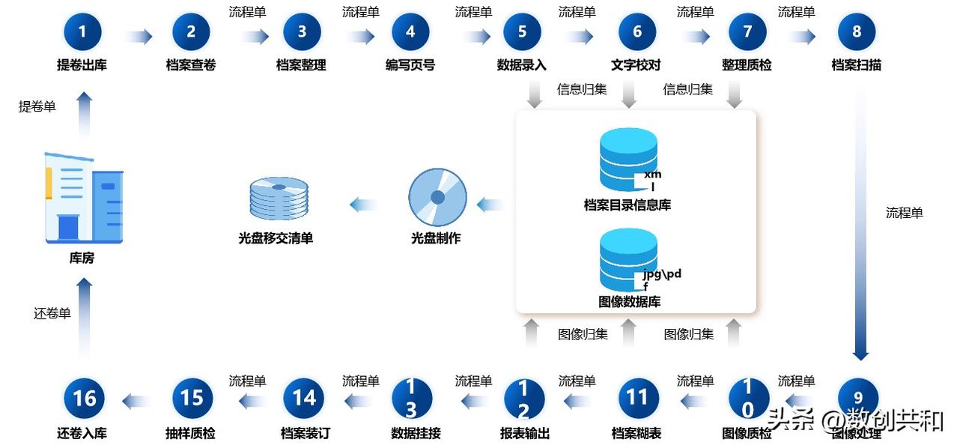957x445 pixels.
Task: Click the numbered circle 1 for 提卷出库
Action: coord(82,31)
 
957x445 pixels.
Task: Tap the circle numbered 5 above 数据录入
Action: coord(522,31)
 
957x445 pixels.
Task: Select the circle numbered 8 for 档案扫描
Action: coord(857,31)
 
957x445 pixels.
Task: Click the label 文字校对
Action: coord(636,65)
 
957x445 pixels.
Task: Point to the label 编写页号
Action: coord(410,65)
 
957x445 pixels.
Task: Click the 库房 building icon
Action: coord(84,198)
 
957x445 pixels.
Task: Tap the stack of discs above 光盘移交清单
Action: coord(279,199)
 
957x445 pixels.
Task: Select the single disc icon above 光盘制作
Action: coord(437,197)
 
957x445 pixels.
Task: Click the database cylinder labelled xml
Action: coord(628,160)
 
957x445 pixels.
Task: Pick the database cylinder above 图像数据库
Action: coord(628,259)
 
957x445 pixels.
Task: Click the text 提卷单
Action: coord(37,106)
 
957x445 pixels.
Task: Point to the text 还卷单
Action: coord(52,313)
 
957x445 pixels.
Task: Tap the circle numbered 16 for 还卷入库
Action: coord(84,398)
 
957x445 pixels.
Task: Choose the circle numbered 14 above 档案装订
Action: coord(304,398)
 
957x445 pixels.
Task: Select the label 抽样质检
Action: coord(190,434)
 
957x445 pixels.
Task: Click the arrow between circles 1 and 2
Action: coord(139,37)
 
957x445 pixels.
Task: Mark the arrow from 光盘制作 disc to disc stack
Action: coord(364,205)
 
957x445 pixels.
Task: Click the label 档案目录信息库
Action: coord(628,205)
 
